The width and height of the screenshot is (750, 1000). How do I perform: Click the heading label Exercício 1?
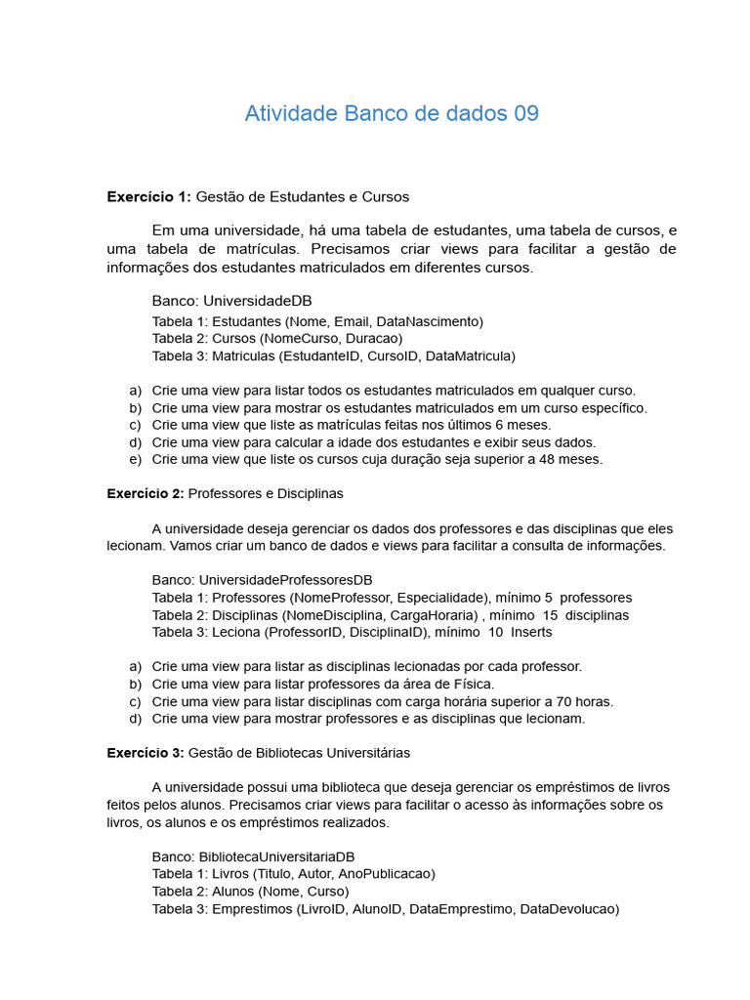click(148, 197)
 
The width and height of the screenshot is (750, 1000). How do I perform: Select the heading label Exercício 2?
click(145, 494)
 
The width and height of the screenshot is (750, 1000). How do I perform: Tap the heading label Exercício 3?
click(145, 753)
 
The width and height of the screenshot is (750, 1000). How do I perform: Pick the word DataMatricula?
click(468, 356)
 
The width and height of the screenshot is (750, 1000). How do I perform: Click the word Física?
click(471, 684)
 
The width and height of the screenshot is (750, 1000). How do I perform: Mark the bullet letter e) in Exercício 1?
click(135, 459)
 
